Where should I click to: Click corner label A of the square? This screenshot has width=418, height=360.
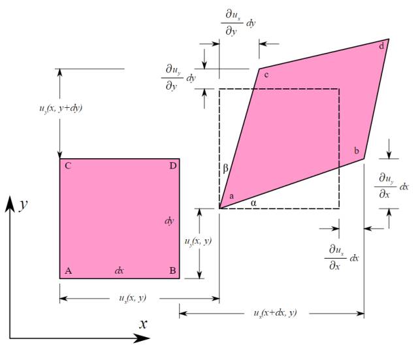tap(68, 270)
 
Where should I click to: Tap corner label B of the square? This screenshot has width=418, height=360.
tap(172, 270)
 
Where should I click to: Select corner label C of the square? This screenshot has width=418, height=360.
tap(68, 166)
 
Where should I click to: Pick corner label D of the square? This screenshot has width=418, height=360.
tap(173, 166)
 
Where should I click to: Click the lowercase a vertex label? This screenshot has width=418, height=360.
tap(232, 196)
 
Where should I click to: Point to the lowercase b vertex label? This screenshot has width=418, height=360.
tap(357, 151)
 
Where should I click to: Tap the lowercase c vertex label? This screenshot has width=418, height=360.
tap(266, 75)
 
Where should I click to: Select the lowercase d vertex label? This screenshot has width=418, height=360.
tap(381, 46)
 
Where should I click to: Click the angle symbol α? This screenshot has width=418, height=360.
tap(253, 203)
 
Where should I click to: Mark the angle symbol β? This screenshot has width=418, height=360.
tap(225, 169)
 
